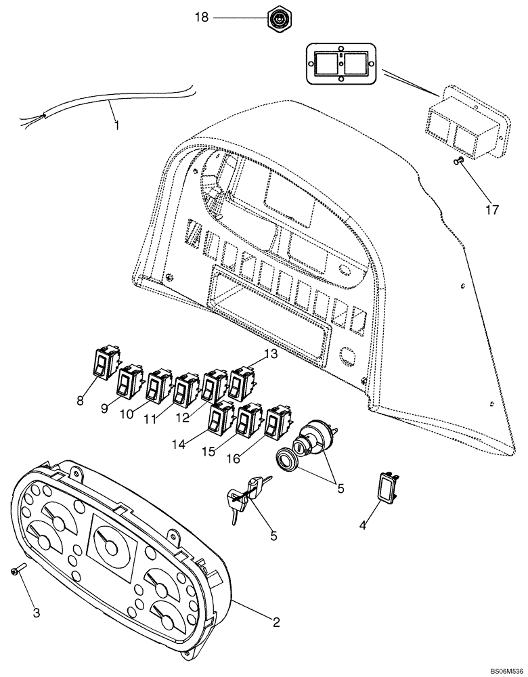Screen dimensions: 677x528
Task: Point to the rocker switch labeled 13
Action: coord(242,383)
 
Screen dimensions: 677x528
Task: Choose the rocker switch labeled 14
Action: coord(221,418)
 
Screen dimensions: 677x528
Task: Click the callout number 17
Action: coord(492,209)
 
